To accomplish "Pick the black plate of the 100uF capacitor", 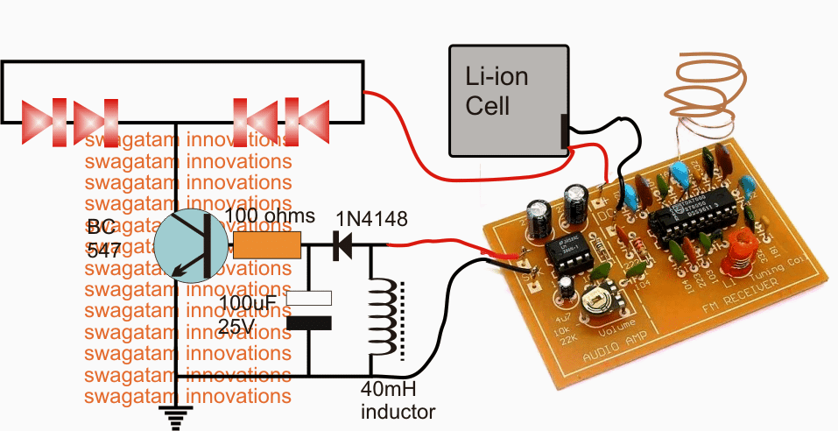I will pos(310,323).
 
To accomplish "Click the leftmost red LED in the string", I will pos(39,118).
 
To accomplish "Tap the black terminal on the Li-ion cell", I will pos(563,129).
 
